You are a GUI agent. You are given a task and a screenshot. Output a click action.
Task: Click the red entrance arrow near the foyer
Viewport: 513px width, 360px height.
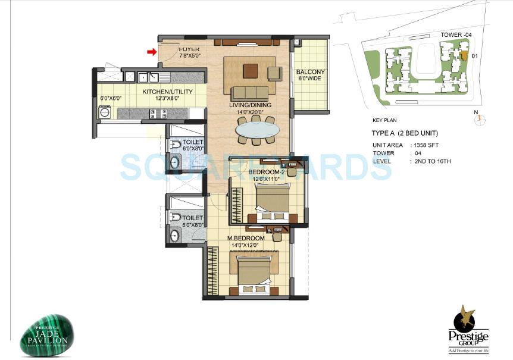coord(152,52)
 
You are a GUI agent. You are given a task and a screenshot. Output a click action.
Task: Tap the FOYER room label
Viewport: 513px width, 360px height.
coord(189,48)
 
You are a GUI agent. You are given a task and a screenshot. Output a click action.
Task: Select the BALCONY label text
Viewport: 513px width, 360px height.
coord(310,73)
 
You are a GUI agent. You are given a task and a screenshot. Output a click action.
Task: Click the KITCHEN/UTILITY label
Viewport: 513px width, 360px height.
coord(167,92)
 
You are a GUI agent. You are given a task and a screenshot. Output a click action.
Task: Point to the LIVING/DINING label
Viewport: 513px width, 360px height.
coord(250,105)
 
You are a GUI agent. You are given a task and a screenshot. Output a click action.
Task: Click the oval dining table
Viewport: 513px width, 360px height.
coord(255,129)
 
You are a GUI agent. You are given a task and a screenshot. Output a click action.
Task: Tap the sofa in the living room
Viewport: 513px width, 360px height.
coord(250,92)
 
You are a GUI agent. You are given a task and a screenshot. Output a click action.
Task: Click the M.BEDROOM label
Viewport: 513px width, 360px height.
coord(246,238)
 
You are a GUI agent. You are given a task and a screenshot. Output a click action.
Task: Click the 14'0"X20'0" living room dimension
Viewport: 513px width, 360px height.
coord(250,112)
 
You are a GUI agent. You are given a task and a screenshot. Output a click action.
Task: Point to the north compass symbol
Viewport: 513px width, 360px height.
coord(480,119)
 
